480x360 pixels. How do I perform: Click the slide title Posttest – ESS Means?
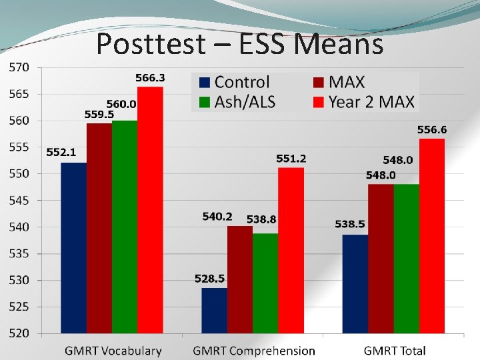[239, 45]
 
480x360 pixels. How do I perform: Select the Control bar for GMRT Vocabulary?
[73, 247]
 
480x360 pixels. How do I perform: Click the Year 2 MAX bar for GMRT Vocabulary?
[150, 209]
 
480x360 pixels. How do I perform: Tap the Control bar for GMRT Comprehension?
[214, 310]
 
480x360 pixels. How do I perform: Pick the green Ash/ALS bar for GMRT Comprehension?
[265, 283]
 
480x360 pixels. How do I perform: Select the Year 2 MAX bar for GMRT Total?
[432, 235]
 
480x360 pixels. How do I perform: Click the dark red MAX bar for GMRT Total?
[381, 258]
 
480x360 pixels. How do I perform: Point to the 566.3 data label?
[150, 78]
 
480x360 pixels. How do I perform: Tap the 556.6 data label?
[432, 129]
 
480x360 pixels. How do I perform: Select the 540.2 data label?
[217, 217]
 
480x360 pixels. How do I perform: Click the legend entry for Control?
[234, 83]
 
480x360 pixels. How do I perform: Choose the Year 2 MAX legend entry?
[364, 102]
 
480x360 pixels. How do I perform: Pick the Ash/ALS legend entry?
[237, 102]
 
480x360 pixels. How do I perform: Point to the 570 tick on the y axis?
[19, 67]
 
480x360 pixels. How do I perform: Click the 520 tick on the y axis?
[19, 333]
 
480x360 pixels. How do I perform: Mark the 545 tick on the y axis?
[19, 200]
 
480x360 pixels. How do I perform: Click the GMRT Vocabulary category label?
[113, 351]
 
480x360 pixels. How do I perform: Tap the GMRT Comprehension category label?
[254, 351]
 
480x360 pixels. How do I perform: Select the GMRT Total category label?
[395, 351]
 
